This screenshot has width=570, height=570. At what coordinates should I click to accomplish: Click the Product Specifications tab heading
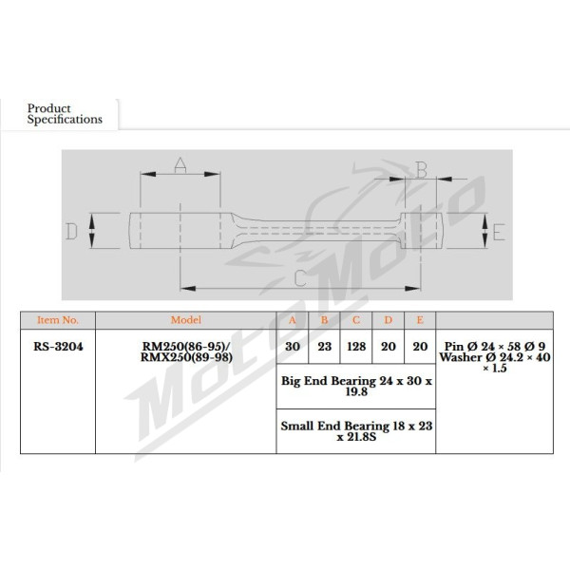point(65,114)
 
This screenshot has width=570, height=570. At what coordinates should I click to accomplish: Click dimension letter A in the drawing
point(180,164)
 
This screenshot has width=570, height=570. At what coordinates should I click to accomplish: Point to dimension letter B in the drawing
point(421,170)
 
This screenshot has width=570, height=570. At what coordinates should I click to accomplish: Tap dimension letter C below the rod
point(300,278)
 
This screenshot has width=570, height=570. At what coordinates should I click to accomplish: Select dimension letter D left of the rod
point(71,231)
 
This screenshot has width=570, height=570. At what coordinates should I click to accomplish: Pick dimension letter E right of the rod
point(499,233)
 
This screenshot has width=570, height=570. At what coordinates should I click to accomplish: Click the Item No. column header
point(58,320)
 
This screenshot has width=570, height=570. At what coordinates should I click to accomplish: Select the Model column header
point(186,320)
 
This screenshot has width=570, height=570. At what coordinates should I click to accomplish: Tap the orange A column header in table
point(293,320)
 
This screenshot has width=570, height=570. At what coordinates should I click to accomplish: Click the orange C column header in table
point(356,320)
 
